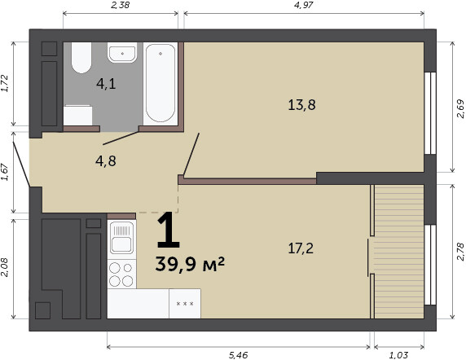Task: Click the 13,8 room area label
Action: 301,105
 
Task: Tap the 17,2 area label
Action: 301,248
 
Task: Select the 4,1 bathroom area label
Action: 106,84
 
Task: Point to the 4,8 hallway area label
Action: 106,161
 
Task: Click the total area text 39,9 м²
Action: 190,264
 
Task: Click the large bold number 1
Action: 168,230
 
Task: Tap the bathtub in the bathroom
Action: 160,83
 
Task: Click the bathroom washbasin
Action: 122,53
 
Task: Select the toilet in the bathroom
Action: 81,58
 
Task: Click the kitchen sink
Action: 122,238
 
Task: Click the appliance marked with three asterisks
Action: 185,304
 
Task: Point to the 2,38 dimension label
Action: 120,5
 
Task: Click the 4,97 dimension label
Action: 304,5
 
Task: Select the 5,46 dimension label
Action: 239,355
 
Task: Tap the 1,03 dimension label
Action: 398,355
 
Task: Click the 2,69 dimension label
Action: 460,108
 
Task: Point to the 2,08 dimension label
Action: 5,267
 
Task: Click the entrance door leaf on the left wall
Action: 21,165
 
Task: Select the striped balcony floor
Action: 399,252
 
